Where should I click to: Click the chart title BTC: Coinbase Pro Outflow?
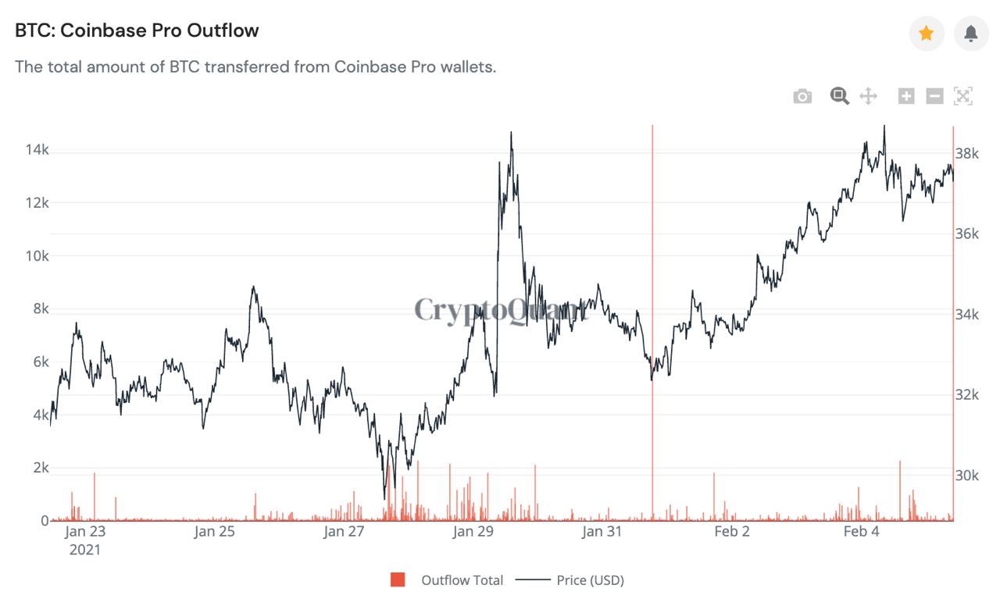[137, 31]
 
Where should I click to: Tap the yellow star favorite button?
[927, 34]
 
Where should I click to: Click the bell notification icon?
[971, 34]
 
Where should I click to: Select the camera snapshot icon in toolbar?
[802, 97]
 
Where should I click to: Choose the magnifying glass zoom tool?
[840, 97]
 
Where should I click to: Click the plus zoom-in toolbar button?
[906, 97]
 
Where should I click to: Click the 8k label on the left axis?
[37, 309]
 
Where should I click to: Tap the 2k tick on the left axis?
[37, 468]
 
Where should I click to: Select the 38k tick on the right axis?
[967, 153]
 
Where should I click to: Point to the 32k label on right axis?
[967, 395]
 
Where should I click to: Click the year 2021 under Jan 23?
[84, 550]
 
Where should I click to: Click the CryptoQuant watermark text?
[500, 310]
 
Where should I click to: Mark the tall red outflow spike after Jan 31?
[652, 312]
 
